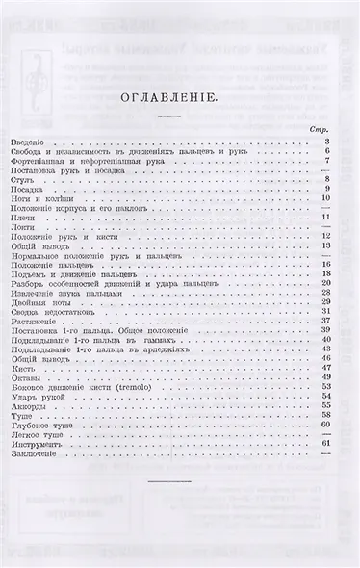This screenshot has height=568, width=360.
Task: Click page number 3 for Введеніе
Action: [327, 142]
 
